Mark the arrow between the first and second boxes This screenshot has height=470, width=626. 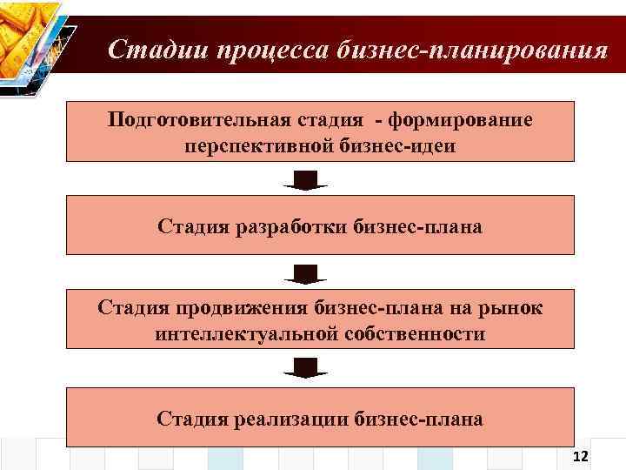coord(304,180)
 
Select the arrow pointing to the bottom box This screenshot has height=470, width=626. coord(304,368)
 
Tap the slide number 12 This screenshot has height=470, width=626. coord(582,458)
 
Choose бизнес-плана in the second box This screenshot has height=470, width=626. coord(418,227)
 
